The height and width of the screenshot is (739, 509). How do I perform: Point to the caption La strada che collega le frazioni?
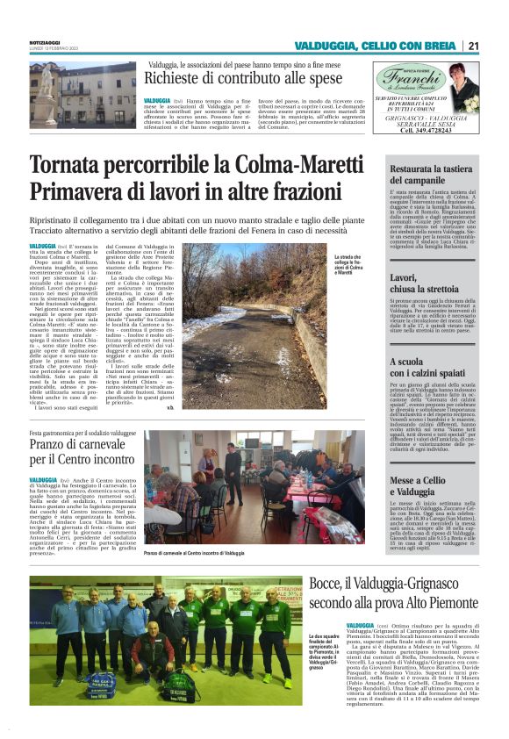pyautogui.click(x=348, y=263)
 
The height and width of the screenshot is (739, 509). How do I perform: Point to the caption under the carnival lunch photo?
pyautogui.click(x=194, y=554)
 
